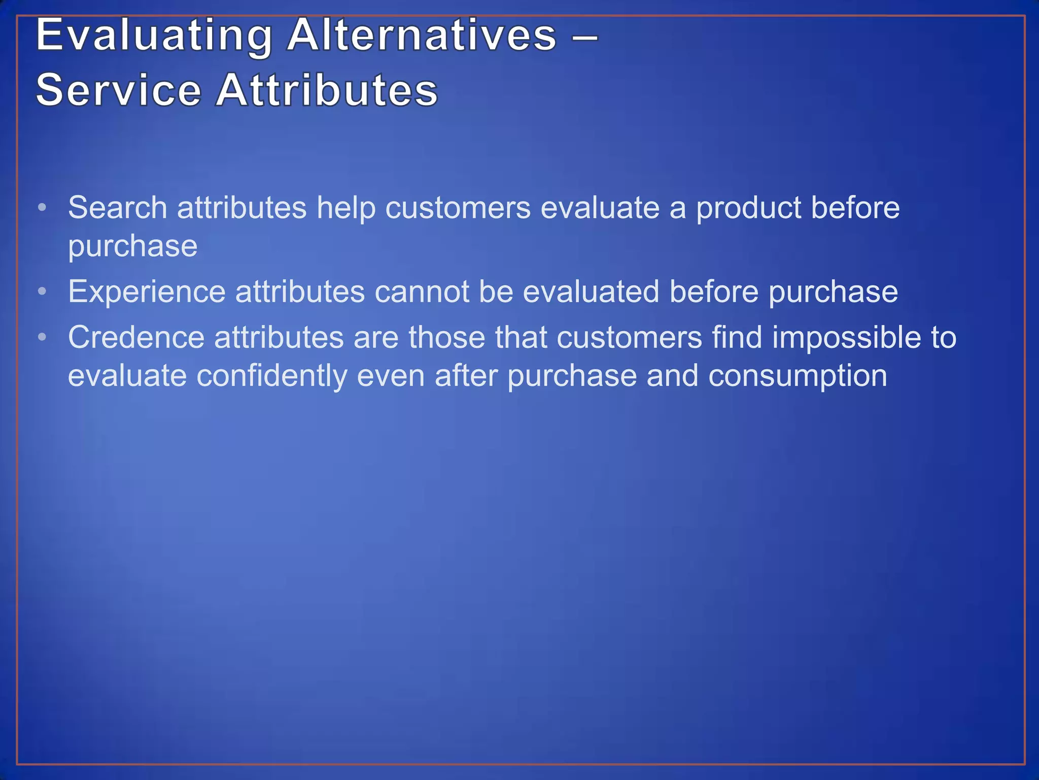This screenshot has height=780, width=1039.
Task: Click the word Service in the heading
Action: pyautogui.click(x=119, y=90)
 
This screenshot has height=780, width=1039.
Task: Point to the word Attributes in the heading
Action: pyautogui.click(x=327, y=90)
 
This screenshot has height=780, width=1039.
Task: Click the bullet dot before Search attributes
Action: pyautogui.click(x=43, y=207)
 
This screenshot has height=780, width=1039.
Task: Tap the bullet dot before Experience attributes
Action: pyautogui.click(x=43, y=291)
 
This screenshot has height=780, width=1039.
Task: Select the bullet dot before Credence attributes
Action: pyautogui.click(x=43, y=337)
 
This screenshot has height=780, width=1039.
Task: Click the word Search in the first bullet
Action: pyautogui.click(x=118, y=208)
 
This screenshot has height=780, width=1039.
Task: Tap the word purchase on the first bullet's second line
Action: pyautogui.click(x=133, y=247)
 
